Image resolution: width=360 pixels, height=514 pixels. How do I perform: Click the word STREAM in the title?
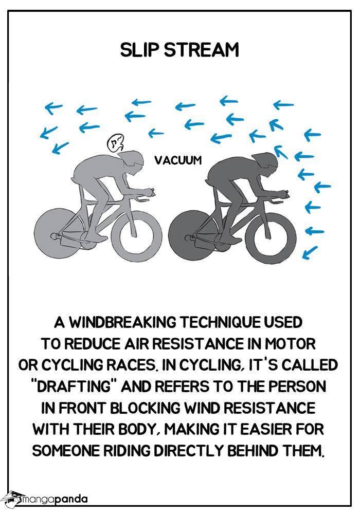[x=201, y=50]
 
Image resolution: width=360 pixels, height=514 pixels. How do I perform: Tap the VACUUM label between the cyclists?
[x=178, y=160]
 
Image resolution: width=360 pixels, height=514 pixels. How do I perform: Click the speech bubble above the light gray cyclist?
[x=115, y=143]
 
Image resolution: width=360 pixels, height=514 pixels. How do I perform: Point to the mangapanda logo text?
[x=54, y=500]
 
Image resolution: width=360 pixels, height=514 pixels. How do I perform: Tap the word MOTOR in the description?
[x=290, y=344]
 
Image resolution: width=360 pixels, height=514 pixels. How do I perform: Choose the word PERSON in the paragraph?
[x=298, y=387]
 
